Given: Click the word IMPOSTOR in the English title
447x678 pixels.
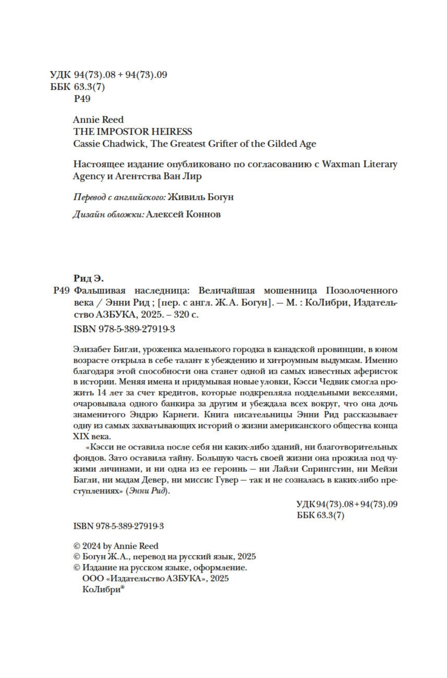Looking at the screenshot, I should click(x=118, y=132).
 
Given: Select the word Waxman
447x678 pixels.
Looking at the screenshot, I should click(x=341, y=164).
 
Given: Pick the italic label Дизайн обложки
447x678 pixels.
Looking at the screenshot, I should click(x=108, y=214).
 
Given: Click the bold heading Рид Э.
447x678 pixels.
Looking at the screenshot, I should click(x=88, y=279).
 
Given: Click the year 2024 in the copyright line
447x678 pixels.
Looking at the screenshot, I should click(x=91, y=546).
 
